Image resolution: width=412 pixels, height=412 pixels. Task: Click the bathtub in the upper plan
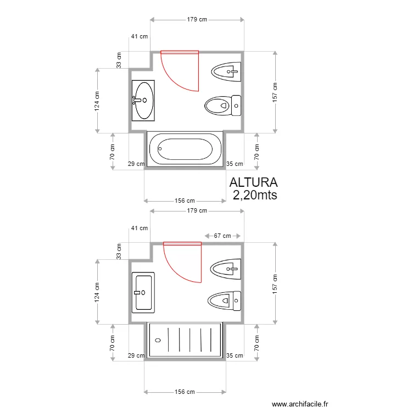pos(185,149)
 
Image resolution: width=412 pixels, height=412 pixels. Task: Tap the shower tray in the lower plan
pos(185,340)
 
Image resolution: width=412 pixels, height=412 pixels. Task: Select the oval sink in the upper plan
pos(143,101)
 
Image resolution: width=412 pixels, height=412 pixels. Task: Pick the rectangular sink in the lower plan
pos(143,292)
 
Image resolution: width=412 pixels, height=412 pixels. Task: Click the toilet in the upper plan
pos(223,105)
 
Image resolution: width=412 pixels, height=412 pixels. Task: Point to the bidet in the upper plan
pos(226,72)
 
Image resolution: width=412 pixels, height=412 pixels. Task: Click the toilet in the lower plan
pos(224,300)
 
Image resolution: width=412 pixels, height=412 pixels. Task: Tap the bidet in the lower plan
pos(226,269)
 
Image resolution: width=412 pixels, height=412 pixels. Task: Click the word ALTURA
pos(254,182)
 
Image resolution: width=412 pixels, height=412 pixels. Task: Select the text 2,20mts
pos(255,195)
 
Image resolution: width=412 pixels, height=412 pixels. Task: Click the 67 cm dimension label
pos(222,236)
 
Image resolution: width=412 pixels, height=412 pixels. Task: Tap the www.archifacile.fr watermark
pos(300,404)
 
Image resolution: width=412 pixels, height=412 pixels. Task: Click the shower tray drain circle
pos(158,340)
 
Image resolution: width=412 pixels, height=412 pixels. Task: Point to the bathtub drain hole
pos(160,149)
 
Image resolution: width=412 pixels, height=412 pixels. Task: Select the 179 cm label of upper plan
pos(197,19)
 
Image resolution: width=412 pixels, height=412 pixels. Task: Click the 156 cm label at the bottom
pos(185,392)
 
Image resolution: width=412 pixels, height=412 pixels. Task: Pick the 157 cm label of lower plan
pos(275,284)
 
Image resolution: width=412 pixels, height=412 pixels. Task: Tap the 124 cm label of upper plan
pos(97,101)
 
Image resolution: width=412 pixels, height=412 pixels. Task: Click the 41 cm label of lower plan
pos(140,228)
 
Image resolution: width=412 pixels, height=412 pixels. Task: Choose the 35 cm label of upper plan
pos(235,164)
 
